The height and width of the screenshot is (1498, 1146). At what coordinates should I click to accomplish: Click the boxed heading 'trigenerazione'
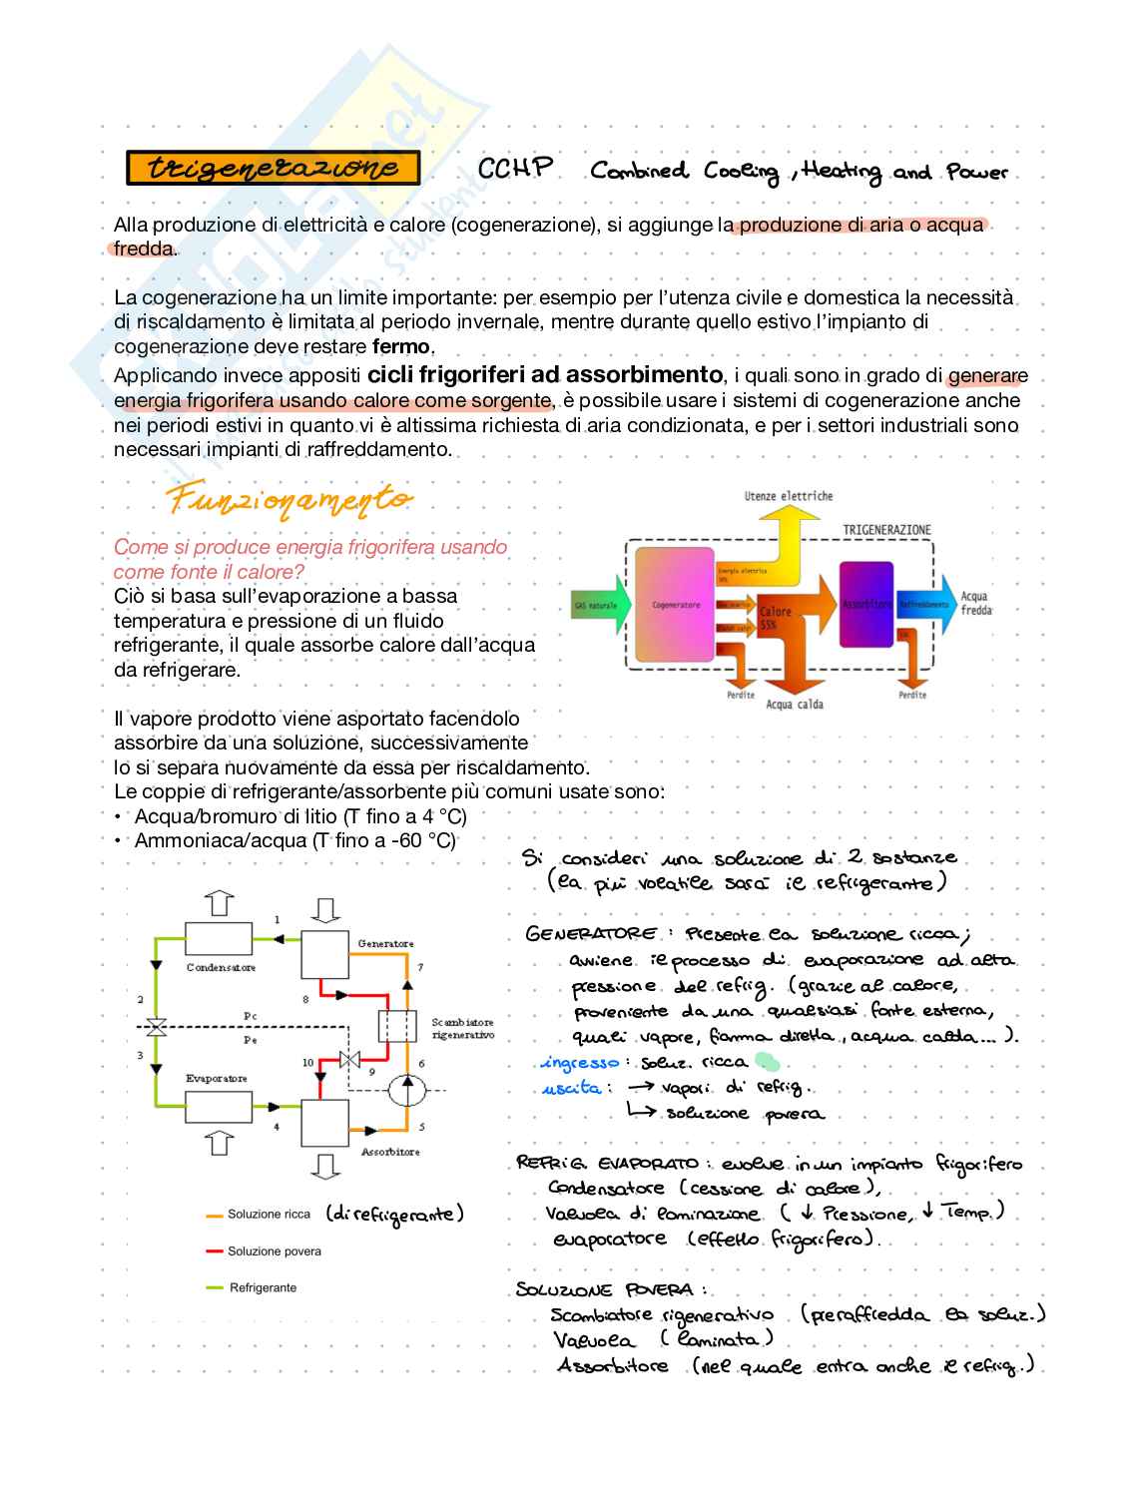(273, 169)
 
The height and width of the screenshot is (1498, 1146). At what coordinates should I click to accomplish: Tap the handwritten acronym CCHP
(515, 168)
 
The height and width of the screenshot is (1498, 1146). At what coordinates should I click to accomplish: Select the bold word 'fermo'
(402, 347)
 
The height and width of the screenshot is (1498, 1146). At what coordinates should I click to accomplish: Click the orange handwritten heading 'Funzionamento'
(289, 498)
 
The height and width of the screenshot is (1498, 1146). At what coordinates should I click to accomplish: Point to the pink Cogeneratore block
(676, 605)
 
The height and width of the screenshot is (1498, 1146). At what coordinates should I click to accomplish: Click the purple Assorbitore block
(865, 604)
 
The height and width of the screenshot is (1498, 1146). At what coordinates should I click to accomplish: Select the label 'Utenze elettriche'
(788, 496)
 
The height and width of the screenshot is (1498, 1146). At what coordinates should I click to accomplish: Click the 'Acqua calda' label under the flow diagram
(794, 705)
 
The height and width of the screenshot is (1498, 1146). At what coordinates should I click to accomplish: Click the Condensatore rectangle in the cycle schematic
(221, 938)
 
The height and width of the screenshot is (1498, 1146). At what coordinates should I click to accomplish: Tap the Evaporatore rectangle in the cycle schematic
(221, 1105)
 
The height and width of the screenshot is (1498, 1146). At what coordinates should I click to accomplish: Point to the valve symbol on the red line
(349, 1060)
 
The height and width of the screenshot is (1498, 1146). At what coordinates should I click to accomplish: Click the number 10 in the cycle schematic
(307, 1064)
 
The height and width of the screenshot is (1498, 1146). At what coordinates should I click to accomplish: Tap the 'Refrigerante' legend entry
(263, 1287)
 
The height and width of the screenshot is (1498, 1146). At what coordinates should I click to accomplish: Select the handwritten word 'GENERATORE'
(590, 934)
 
